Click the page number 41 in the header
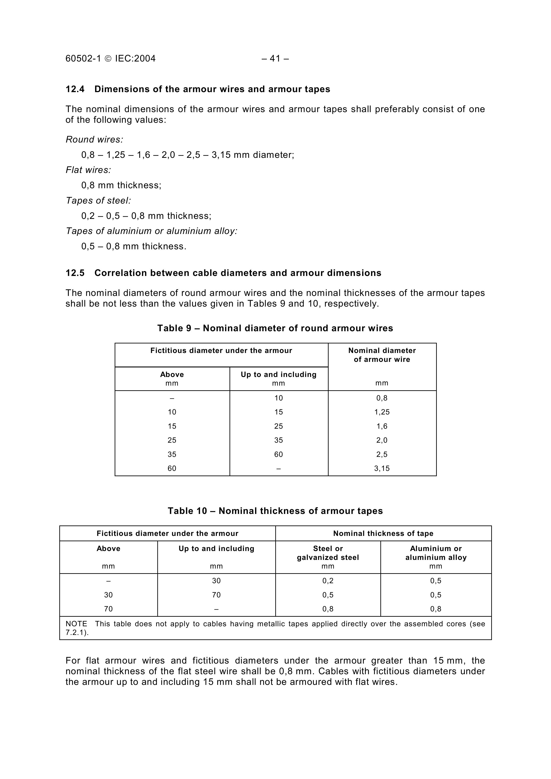275,59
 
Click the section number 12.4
75,89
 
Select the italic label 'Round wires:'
94,139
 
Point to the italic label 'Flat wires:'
88,170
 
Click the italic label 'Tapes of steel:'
98,200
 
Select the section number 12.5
75,273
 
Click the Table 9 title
275,328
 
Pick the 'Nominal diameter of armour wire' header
382,355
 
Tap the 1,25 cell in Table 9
382,412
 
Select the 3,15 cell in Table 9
382,469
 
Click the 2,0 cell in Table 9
382,440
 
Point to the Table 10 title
275,511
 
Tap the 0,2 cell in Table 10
328,581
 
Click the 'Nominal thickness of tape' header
383,533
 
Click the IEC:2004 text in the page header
135,59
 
